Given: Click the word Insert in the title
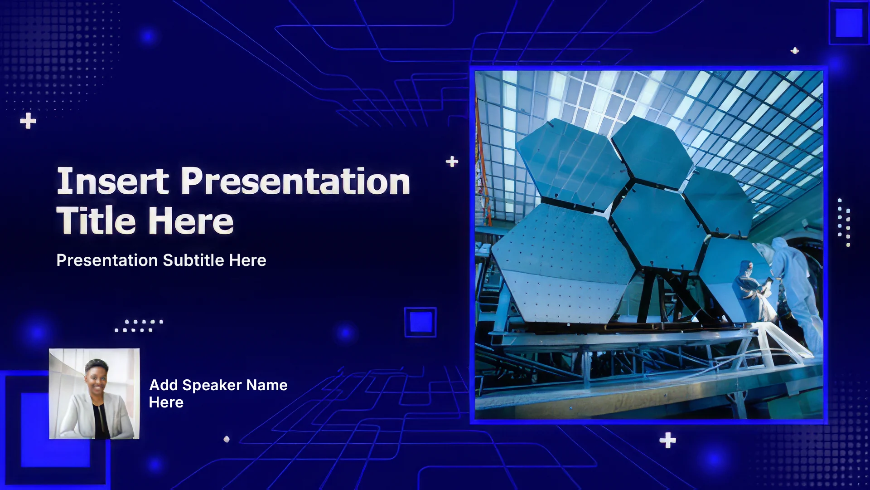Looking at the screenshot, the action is click(x=113, y=181).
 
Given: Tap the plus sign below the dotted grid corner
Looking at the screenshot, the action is click(x=28, y=121).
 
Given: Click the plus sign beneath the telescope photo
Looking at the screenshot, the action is click(x=667, y=440).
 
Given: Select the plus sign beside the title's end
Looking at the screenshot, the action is click(x=452, y=162).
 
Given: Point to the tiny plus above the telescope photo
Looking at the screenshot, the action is click(x=795, y=50).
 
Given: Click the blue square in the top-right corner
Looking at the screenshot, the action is click(x=849, y=23).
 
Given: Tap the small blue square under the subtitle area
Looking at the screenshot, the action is click(x=420, y=322).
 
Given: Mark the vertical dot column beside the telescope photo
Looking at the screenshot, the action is click(x=844, y=222).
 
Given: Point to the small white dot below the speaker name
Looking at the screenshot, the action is click(x=227, y=439).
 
